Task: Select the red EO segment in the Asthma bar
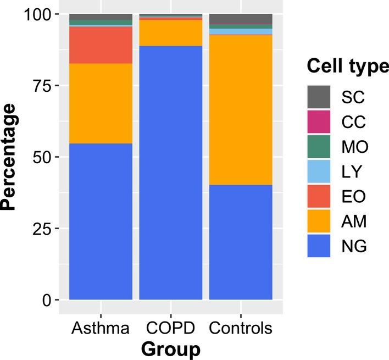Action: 101,45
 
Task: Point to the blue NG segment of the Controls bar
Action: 241,242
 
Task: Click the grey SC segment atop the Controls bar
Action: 241,19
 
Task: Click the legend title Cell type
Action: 346,67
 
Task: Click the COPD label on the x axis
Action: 170,329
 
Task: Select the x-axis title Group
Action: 170,349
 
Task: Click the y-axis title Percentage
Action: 9,157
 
